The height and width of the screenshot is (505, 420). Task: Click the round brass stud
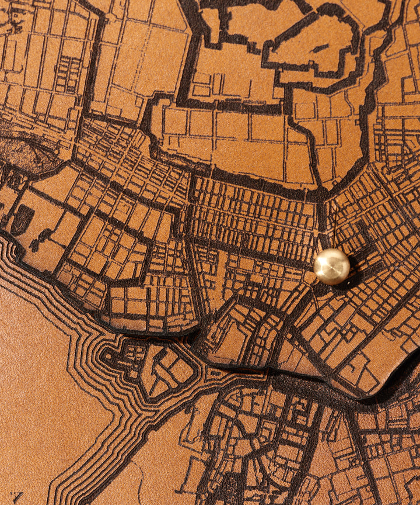(331, 267)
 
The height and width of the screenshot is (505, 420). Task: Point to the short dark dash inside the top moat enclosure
(320, 48)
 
